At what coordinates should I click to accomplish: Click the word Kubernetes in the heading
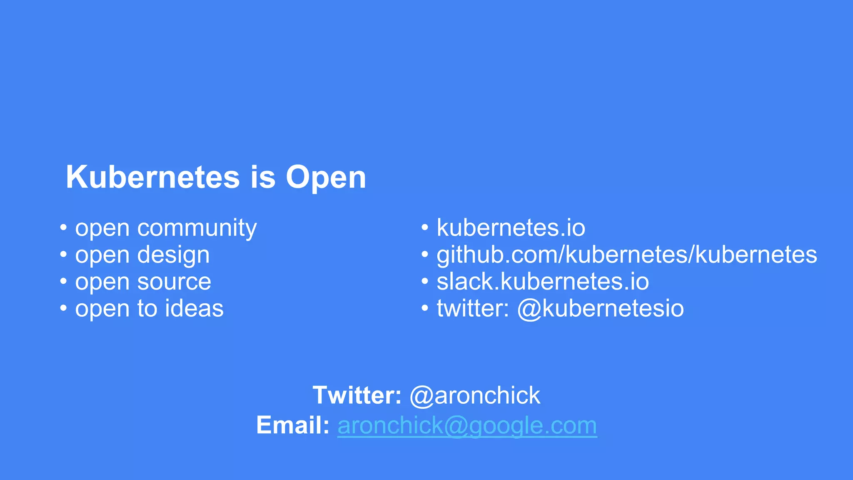(x=152, y=177)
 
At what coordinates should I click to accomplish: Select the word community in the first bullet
(x=197, y=228)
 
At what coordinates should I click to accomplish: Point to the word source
(x=174, y=282)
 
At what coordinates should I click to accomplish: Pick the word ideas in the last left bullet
(x=194, y=309)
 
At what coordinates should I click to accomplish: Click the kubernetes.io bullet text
(x=511, y=228)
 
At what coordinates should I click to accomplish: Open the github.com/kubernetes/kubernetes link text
(x=626, y=255)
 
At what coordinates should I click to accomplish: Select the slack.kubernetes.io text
(x=542, y=282)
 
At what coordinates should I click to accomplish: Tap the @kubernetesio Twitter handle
(x=600, y=309)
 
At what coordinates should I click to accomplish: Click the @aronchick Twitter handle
(x=475, y=395)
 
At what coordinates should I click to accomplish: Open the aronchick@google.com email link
(x=467, y=426)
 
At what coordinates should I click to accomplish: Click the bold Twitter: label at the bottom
(x=357, y=395)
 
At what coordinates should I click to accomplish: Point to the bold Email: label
(x=293, y=425)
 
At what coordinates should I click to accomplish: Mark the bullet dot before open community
(x=63, y=228)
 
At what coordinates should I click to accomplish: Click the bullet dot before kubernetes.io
(x=425, y=228)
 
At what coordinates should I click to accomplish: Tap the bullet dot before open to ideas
(x=63, y=309)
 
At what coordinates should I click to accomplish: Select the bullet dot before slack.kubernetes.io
(x=425, y=282)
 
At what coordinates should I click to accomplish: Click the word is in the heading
(x=263, y=177)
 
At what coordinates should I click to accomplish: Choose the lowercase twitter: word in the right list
(x=473, y=309)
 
